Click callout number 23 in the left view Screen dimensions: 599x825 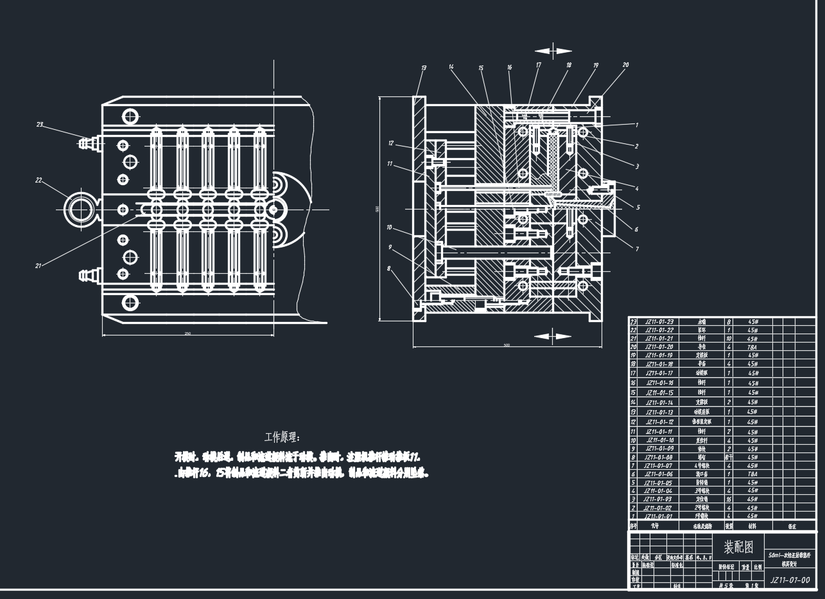(x=40, y=125)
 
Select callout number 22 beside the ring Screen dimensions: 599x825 (x=39, y=181)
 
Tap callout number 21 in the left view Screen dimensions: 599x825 (x=39, y=265)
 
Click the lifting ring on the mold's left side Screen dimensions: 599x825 (x=81, y=210)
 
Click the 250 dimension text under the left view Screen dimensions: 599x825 (x=187, y=334)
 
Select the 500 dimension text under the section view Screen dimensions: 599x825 (x=507, y=346)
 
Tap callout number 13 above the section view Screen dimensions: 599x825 (x=424, y=67)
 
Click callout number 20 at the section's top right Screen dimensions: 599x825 (x=625, y=65)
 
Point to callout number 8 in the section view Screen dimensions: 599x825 (x=388, y=269)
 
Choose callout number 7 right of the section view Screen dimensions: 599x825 (x=636, y=249)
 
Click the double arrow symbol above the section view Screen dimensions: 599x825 (x=553, y=51)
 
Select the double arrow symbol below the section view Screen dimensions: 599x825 (x=553, y=335)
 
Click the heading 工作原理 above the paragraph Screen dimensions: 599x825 (x=282, y=437)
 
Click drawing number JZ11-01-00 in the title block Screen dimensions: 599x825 (x=789, y=580)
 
